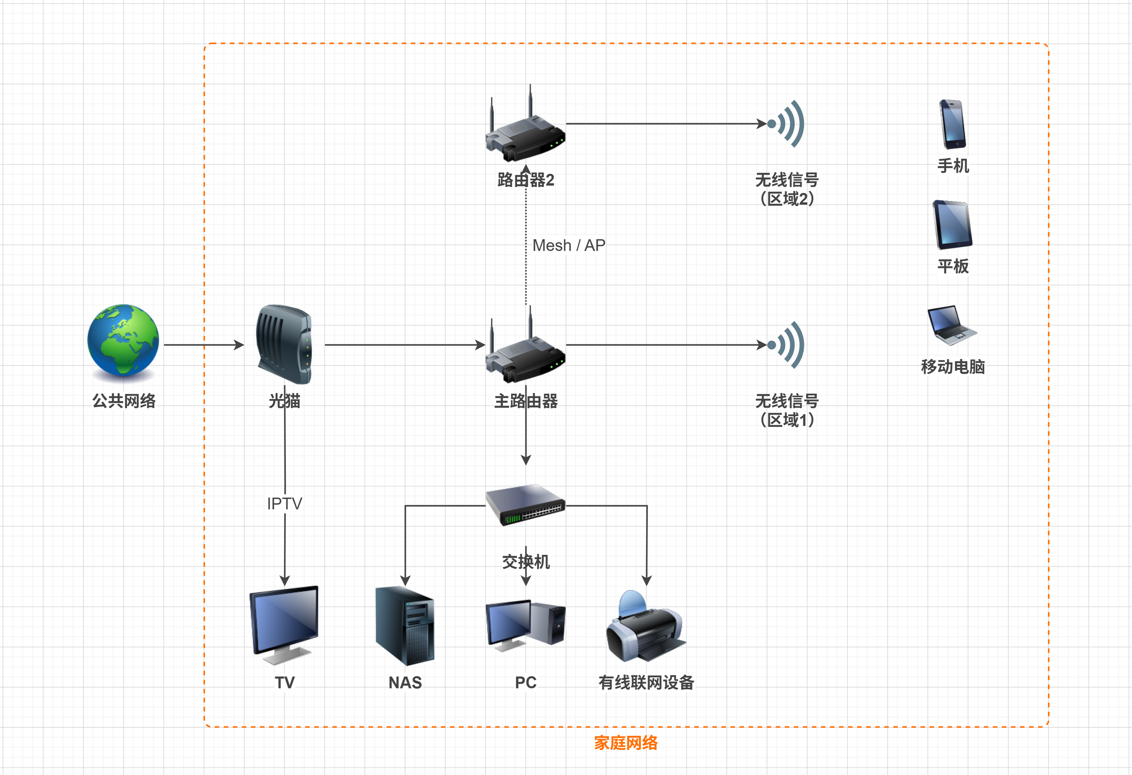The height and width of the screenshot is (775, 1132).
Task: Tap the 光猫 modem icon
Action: [x=284, y=344]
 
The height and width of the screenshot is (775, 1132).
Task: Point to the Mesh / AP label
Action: [x=568, y=245]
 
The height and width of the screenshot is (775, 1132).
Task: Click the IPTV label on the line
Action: [x=284, y=503]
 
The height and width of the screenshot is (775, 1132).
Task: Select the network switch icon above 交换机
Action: [x=525, y=505]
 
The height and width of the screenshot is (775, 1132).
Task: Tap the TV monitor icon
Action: [x=284, y=625]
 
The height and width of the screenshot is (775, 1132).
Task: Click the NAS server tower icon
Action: [x=405, y=626]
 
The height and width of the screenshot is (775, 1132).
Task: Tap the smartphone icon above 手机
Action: [x=953, y=124]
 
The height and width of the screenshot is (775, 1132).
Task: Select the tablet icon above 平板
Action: [x=952, y=225]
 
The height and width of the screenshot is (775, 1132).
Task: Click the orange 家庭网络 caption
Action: [x=625, y=743]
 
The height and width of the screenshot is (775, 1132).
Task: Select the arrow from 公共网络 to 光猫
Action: [x=204, y=345]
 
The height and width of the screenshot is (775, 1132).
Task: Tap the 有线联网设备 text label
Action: [x=646, y=683]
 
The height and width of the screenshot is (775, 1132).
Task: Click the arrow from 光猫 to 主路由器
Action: [x=404, y=345]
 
